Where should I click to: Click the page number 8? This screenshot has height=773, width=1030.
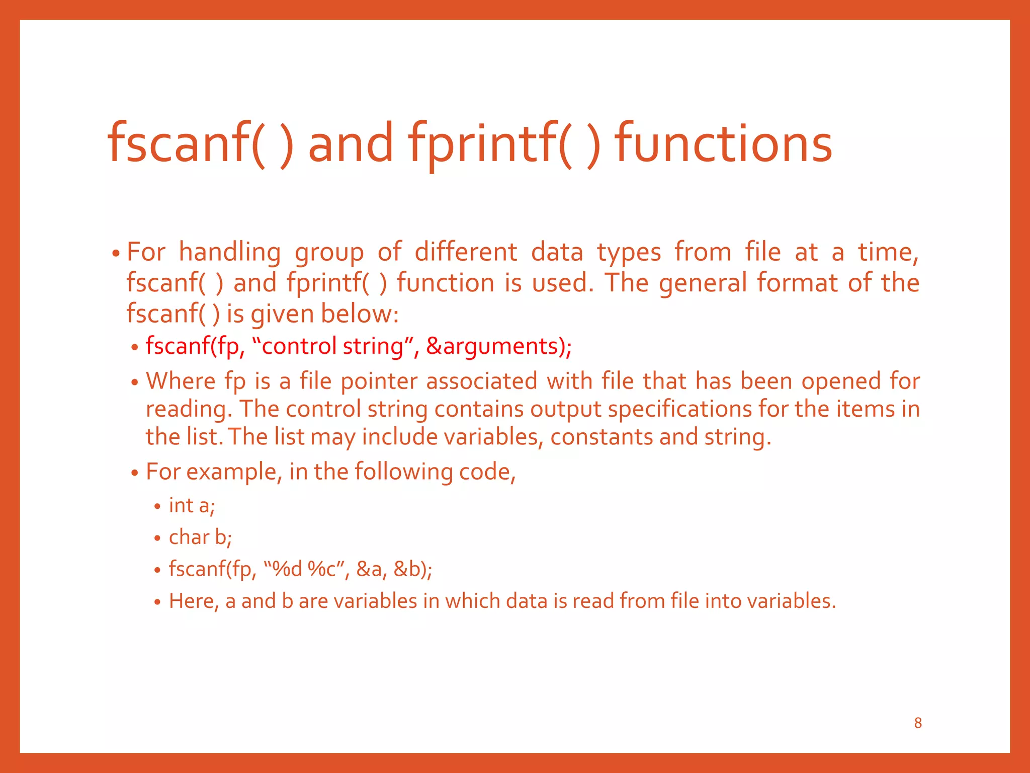[918, 723]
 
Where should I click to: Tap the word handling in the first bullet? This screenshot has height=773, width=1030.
[229, 252]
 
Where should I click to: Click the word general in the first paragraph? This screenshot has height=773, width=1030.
[703, 283]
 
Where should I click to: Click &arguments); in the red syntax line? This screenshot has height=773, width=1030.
[499, 346]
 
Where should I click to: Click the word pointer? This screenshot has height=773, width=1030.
[379, 381]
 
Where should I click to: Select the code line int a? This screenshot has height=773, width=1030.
[192, 506]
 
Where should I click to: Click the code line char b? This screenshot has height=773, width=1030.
[200, 537]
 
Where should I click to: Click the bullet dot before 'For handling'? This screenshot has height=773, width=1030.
[116, 253]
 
